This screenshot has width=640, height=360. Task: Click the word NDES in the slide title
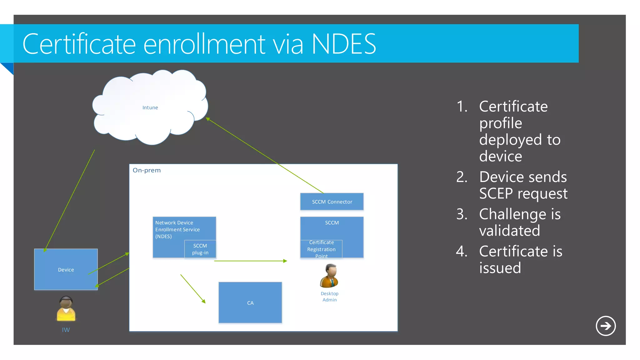click(344, 44)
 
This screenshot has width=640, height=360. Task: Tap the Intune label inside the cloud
click(150, 107)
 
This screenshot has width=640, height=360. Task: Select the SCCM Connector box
click(332, 202)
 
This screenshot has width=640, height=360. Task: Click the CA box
click(250, 302)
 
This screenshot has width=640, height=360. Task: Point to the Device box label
click(66, 270)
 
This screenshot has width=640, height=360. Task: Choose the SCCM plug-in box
click(200, 249)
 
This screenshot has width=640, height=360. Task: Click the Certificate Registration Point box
click(321, 249)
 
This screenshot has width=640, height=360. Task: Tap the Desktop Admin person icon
click(329, 276)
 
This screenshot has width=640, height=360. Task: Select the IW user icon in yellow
click(66, 309)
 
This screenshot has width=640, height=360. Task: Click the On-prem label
click(147, 170)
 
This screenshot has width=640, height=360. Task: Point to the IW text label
click(66, 330)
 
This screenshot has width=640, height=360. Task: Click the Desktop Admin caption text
click(329, 297)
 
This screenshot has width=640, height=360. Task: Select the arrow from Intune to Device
click(69, 200)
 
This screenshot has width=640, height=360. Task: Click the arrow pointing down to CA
click(193, 289)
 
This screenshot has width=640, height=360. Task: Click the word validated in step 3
click(509, 231)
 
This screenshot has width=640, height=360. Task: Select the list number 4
click(462, 251)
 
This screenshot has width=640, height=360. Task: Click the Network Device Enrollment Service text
click(177, 229)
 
